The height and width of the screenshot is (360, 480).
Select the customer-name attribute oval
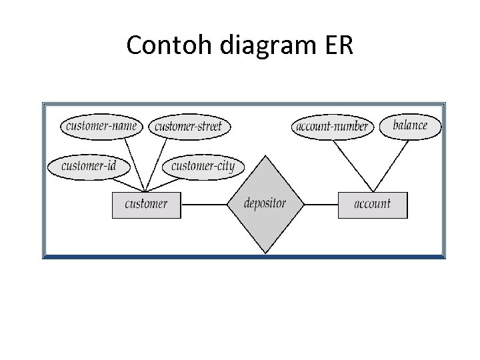[101, 125]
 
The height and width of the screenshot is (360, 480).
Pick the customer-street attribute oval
[189, 126]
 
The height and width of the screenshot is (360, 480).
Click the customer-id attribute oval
[89, 166]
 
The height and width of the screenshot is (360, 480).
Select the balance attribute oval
[410, 125]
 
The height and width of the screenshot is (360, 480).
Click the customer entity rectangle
[146, 204]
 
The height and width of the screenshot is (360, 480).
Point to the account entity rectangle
[372, 204]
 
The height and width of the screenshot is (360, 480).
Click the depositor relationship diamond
[265, 204]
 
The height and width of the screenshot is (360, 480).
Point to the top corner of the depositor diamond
[265, 156]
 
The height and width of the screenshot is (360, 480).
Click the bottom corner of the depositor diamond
[265, 253]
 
